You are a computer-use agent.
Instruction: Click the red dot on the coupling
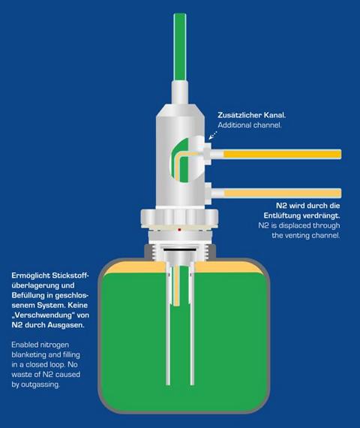pyautogui.click(x=179, y=230)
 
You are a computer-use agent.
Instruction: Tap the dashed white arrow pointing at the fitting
pyautogui.click(x=213, y=135)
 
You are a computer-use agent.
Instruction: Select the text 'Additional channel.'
pyautogui.click(x=250, y=125)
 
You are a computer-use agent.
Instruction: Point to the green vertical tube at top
pyautogui.click(x=180, y=47)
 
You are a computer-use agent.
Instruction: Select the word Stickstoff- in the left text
pyautogui.click(x=70, y=276)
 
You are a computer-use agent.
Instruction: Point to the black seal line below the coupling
pyautogui.click(x=180, y=250)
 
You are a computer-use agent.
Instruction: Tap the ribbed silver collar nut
pyautogui.click(x=179, y=217)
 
